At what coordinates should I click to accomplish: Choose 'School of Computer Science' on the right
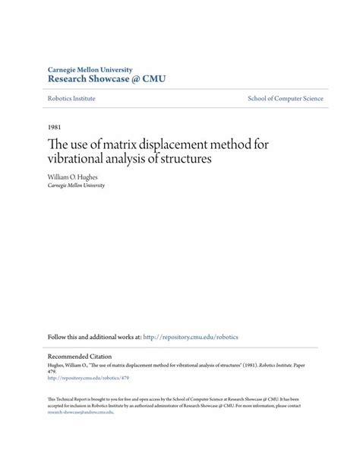(x=286, y=99)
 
